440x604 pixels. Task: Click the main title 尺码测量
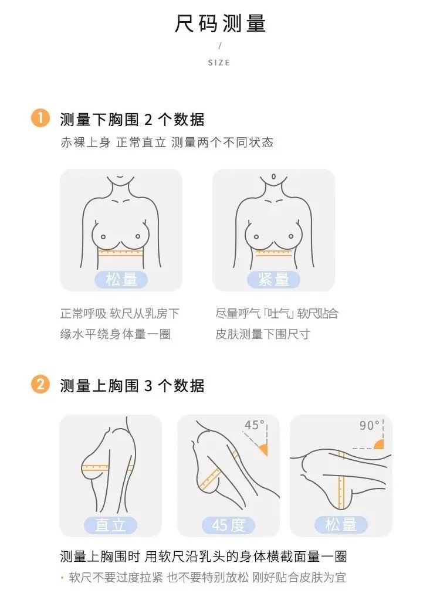(220, 23)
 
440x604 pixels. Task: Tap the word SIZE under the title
(219, 63)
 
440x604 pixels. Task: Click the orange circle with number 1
(40, 118)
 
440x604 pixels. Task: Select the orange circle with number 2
(40, 385)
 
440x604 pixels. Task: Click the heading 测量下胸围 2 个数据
(132, 120)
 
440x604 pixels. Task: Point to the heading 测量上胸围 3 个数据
(132, 386)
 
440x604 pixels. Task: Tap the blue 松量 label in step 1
(121, 280)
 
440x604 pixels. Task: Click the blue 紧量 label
(273, 280)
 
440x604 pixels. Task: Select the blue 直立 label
(110, 525)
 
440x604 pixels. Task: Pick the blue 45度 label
(229, 525)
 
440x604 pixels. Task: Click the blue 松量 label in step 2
(341, 524)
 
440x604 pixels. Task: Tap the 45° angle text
(255, 425)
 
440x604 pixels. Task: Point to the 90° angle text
(370, 426)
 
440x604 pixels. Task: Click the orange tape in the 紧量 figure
(274, 253)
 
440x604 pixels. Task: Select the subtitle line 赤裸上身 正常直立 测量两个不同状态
(167, 142)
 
